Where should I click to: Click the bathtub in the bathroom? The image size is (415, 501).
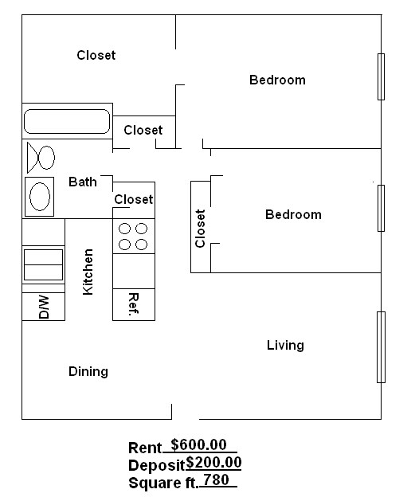point(66,121)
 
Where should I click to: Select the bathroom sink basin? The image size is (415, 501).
point(40,195)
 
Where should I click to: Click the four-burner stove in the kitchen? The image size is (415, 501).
point(133,237)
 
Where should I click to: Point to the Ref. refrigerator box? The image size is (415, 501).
point(134,304)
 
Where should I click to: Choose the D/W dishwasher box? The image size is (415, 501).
point(43,307)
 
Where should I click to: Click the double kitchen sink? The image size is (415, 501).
point(43,264)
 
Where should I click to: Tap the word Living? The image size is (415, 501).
point(285,346)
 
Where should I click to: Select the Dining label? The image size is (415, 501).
point(88,371)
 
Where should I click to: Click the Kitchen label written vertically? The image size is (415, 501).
point(88,272)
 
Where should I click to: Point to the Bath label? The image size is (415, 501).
point(83,182)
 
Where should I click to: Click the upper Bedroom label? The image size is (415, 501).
point(277,80)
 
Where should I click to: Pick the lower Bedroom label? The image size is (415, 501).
point(293,214)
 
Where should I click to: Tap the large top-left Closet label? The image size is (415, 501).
point(96,55)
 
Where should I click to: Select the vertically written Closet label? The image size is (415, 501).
point(200,228)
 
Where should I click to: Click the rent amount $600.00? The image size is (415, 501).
point(198,446)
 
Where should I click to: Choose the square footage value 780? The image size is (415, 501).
point(216,480)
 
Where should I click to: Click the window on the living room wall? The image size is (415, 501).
point(381,346)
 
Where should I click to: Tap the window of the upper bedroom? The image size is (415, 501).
point(381,76)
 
